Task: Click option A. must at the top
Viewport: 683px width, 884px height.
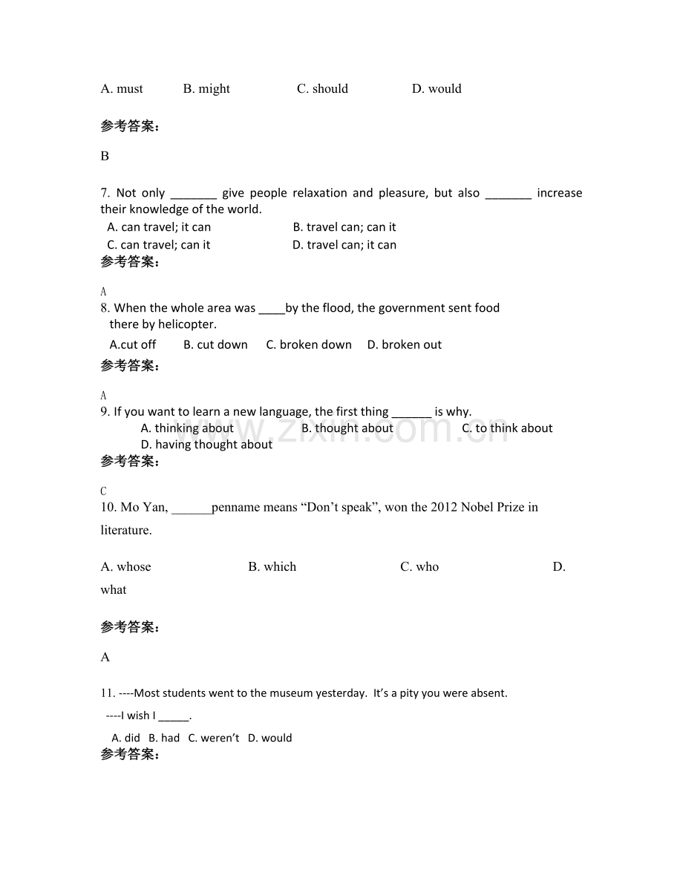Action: (122, 89)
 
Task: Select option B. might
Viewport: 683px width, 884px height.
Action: (206, 89)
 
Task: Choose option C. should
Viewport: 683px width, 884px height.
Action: (322, 89)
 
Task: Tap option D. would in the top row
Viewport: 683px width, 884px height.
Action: (437, 89)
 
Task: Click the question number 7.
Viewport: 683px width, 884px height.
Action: (105, 193)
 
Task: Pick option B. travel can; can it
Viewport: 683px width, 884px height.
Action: (344, 227)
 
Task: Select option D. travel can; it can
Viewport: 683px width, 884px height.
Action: (344, 245)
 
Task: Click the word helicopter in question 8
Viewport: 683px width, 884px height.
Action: (186, 324)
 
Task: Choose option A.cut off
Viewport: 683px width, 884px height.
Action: (133, 344)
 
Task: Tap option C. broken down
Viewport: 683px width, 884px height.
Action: (309, 344)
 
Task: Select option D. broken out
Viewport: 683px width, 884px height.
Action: (405, 344)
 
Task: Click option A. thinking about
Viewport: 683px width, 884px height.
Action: (187, 428)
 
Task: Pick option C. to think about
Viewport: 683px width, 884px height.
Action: (507, 428)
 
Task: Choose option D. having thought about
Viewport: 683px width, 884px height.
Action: (206, 445)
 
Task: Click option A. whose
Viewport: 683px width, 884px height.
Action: (125, 567)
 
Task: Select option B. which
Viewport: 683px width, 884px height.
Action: (272, 567)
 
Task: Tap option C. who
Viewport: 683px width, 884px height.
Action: (419, 567)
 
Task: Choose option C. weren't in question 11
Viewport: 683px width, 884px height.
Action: (214, 738)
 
